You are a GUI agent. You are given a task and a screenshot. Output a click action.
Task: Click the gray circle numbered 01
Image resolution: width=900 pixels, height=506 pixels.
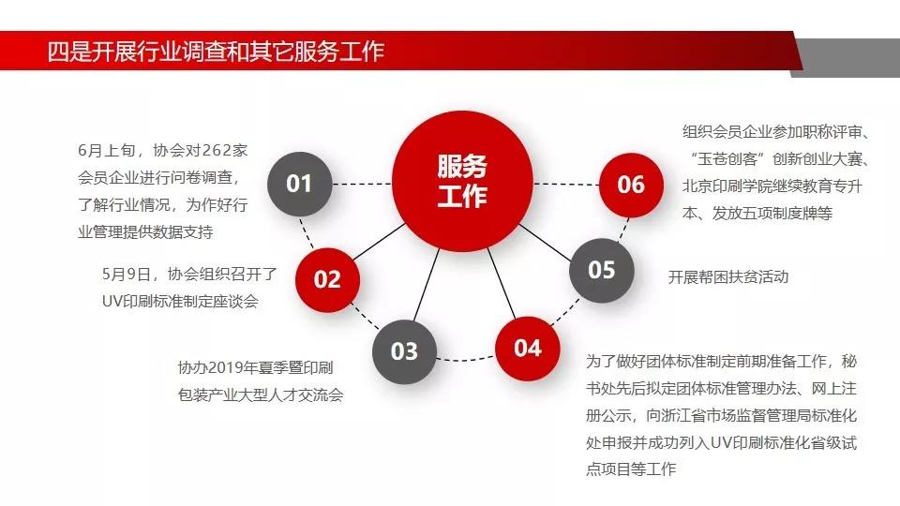click(x=300, y=184)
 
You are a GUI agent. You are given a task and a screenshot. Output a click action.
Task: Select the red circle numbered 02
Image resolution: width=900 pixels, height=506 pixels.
click(x=328, y=280)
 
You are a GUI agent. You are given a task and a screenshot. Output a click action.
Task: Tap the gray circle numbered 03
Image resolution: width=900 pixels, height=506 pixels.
click(x=404, y=351)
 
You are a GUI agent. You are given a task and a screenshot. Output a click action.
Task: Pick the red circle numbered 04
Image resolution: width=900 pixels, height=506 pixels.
click(x=528, y=349)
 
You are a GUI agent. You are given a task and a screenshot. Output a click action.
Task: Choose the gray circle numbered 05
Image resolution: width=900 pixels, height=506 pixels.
click(x=602, y=270)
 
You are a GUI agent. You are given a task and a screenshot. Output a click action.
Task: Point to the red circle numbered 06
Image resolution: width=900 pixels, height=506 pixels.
click(x=631, y=185)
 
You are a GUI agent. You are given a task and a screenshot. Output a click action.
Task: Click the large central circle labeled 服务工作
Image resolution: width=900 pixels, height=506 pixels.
click(x=462, y=181)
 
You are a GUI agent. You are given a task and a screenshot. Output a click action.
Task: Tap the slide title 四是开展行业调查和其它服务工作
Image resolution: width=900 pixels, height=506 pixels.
click(x=216, y=52)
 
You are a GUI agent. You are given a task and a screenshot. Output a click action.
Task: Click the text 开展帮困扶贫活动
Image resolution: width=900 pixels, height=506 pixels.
click(x=728, y=277)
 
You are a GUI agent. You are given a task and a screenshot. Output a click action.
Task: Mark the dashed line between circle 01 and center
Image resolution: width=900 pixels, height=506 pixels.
click(x=362, y=185)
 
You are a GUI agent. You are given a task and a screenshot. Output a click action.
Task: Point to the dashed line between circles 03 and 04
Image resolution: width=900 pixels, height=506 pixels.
click(x=466, y=359)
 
